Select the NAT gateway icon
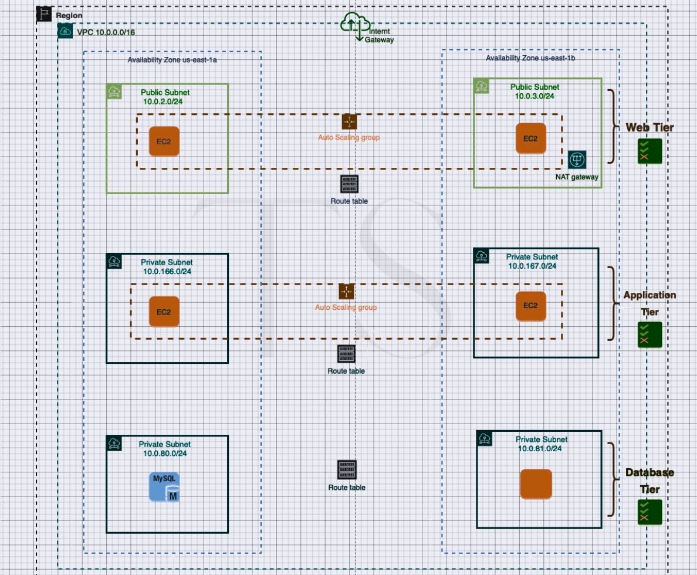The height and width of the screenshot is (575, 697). [x=577, y=160]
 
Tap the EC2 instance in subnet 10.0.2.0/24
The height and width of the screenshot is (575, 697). [x=164, y=141]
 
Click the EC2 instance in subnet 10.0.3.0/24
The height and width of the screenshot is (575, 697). [x=530, y=138]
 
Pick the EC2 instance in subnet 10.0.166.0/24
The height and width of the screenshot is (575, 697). [x=164, y=312]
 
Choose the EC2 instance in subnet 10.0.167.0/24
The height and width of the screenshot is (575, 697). [x=530, y=306]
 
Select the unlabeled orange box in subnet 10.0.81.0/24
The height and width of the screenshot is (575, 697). [x=536, y=484]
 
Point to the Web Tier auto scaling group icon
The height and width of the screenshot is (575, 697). [x=349, y=121]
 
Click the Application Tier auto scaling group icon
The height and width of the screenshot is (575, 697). [x=346, y=291]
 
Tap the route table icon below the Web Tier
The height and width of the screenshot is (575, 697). [x=349, y=184]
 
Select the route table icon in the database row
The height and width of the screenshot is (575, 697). [x=347, y=471]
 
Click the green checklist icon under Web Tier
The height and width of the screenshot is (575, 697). [x=650, y=151]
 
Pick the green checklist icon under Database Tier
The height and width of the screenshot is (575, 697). [x=650, y=512]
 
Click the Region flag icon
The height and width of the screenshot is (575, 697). [x=45, y=14]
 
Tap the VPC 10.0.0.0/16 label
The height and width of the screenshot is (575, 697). [x=106, y=32]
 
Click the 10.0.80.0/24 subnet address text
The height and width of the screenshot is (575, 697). [x=165, y=453]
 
